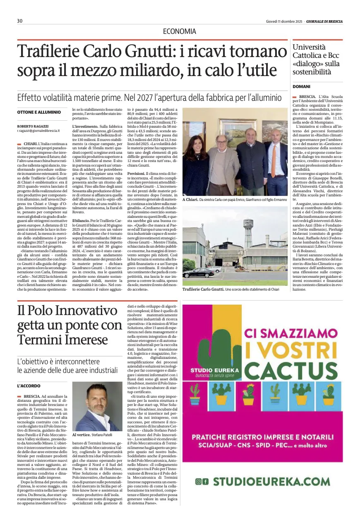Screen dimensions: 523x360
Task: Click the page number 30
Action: coord(19,21)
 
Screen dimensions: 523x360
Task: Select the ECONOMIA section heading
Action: coord(180,31)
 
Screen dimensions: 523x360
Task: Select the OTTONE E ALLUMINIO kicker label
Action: coord(39,112)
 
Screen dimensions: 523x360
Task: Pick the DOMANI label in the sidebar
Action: coord(301,86)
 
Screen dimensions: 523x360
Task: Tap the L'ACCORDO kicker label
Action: coord(29,385)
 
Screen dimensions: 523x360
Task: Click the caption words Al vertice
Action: coord(81,435)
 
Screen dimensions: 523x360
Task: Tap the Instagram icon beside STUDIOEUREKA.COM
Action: coord(199,481)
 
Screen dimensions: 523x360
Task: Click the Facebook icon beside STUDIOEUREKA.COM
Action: coord(206,481)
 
